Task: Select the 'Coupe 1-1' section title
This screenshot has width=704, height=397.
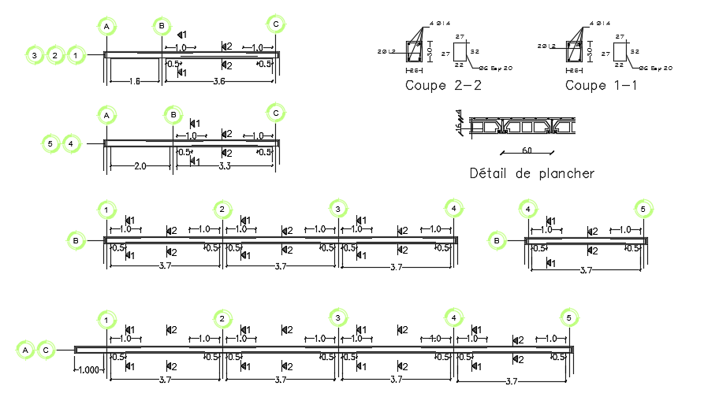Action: pos(602,85)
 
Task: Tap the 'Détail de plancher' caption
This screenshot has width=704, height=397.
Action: pos(531,173)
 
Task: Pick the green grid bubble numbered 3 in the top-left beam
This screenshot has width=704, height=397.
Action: pos(35,55)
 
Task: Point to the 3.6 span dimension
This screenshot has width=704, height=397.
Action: pos(219,81)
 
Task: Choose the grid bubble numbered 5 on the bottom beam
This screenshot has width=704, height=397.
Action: pos(568,318)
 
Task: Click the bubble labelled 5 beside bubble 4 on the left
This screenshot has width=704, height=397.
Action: pos(50,143)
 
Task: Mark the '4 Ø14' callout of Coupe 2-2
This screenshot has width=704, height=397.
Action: pos(440,24)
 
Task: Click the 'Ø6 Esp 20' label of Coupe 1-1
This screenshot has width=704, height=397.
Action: pos(655,69)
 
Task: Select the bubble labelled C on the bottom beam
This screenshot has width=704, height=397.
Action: pos(46,349)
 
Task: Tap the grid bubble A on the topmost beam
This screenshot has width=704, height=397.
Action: pos(106,27)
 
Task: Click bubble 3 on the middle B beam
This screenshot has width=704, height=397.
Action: pos(337,209)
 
